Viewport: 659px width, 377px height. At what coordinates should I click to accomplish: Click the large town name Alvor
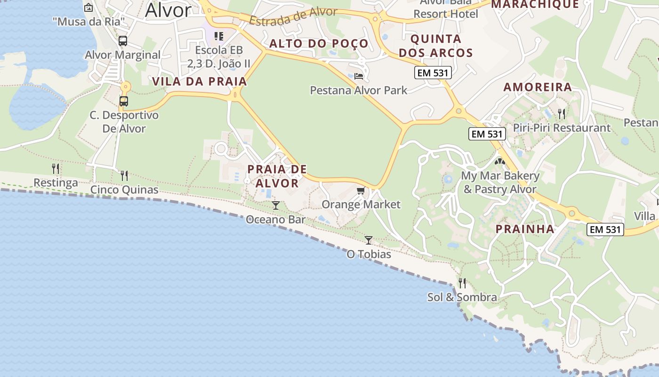[168, 10]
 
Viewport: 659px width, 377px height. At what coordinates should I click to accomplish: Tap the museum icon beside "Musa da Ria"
[88, 8]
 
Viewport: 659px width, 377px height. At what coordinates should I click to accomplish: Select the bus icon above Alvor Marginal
[123, 41]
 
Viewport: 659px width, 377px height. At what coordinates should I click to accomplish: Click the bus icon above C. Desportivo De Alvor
[124, 101]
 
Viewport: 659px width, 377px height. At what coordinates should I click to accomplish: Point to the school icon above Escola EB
[218, 36]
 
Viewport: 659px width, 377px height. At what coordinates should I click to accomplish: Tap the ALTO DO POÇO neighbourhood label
[319, 44]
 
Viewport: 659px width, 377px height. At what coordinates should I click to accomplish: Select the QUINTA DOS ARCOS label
[436, 46]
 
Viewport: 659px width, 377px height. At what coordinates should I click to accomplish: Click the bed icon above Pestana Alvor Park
[359, 76]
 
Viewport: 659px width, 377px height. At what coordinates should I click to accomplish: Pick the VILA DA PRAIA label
[200, 82]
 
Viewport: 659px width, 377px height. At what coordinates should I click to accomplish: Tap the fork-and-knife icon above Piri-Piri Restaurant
[561, 114]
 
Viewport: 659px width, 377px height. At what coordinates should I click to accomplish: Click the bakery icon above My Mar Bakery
[499, 162]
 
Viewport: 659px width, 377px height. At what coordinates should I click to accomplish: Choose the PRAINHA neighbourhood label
[525, 229]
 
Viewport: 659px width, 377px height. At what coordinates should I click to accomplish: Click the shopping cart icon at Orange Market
[361, 190]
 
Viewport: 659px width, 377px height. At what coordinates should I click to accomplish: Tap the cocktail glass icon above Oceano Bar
[276, 205]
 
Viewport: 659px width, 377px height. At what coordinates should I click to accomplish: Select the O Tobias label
[369, 254]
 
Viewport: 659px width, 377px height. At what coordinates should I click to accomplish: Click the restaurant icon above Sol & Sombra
[462, 283]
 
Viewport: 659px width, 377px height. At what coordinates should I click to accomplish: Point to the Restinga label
[56, 182]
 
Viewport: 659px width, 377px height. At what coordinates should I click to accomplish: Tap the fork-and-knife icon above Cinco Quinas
[124, 176]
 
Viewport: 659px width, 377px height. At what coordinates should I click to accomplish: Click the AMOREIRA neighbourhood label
[538, 87]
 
